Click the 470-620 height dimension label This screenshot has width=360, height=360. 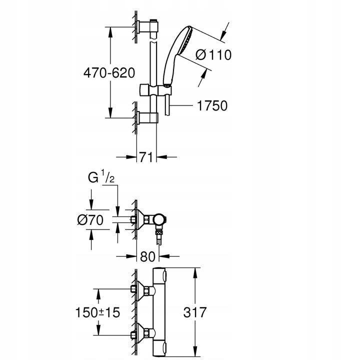tap(109, 73)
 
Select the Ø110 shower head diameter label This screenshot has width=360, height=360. tap(213, 54)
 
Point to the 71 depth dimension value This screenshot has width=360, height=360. tap(145, 157)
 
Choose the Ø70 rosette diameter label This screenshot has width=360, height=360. tap(91, 219)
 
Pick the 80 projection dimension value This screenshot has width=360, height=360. tap(147, 257)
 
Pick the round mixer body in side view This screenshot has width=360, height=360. tap(159, 219)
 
